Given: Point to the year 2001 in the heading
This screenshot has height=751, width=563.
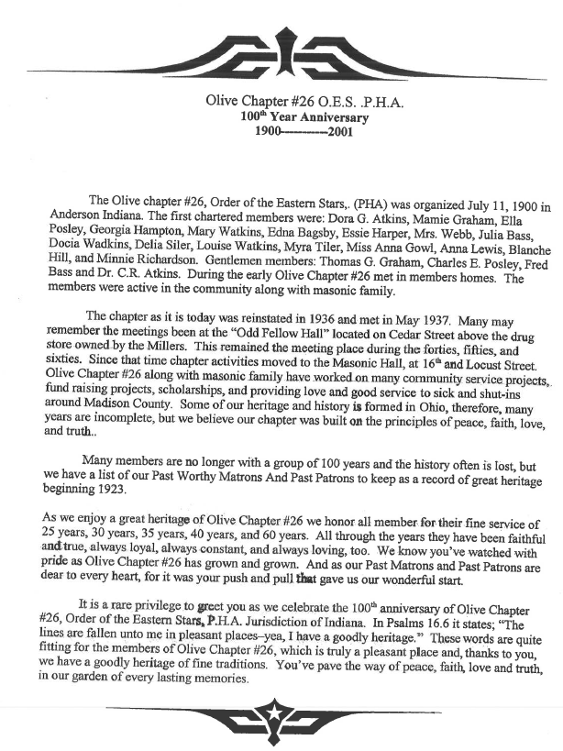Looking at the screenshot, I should pyautogui.click(x=337, y=131).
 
